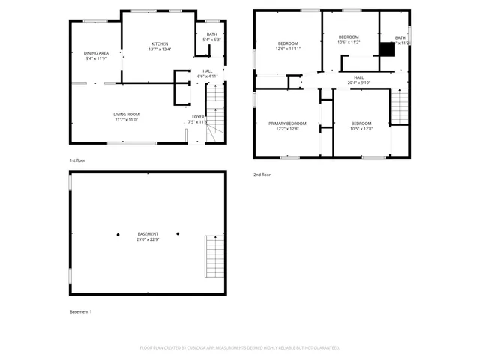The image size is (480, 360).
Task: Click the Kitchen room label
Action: [160, 44]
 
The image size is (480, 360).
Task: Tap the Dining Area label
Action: [96, 53]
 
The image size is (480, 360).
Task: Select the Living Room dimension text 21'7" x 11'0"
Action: [127, 119]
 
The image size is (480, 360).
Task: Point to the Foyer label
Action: [198, 116]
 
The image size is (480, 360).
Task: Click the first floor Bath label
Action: [211, 34]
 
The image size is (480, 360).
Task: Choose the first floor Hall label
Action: [207, 71]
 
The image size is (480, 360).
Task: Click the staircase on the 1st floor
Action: [215, 112]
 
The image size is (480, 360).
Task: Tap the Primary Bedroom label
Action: [287, 123]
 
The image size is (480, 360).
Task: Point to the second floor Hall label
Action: [358, 77]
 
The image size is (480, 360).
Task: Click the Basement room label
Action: [147, 234]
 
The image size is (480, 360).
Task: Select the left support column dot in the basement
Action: [118, 234]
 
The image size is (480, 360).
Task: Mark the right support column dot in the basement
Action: [178, 233]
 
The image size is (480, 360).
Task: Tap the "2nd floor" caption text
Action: [262, 175]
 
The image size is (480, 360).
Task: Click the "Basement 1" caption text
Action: [80, 311]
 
